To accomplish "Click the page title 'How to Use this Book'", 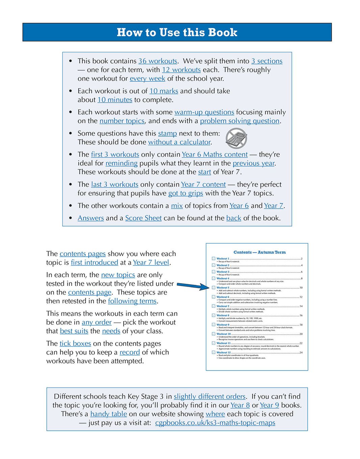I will pos(177,32).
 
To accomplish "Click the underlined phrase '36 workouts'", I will pos(158,61).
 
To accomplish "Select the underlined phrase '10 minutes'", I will pos(115,100).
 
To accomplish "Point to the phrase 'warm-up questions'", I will pos(204,112).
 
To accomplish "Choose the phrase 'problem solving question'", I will pos(240,121).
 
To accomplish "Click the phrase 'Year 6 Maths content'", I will pos(215,155).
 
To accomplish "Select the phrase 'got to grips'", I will pos(186,193).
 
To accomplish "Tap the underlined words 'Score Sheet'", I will pos(144,218).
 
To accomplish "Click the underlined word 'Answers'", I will pos(91,218).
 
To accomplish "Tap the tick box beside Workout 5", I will pos(213,288).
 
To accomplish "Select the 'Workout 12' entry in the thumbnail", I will pos(224,352).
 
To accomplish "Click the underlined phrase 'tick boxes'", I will pos(75,344).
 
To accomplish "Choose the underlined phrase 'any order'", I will pos(97,322).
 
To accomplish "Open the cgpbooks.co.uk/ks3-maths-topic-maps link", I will pos(215,423).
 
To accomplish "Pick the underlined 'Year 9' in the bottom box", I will pos(269,405).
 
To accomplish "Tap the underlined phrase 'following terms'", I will pos(132,301).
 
